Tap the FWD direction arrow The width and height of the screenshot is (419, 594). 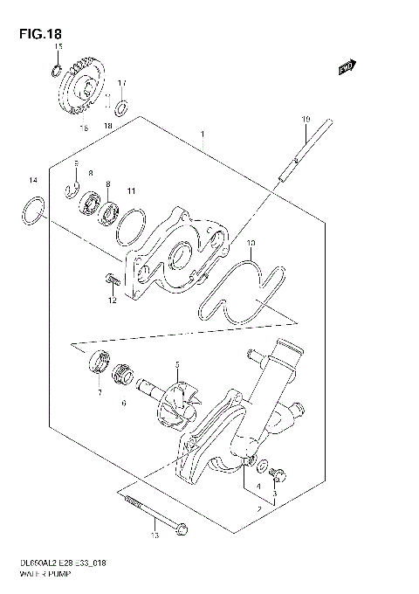click(346, 66)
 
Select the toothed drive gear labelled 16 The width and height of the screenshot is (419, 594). click(83, 87)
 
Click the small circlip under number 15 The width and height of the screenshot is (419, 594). click(55, 69)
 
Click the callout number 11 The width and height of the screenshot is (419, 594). click(131, 191)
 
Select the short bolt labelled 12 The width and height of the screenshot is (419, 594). click(111, 280)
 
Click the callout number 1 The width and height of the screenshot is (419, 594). click(203, 135)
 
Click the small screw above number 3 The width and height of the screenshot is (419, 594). click(278, 474)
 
